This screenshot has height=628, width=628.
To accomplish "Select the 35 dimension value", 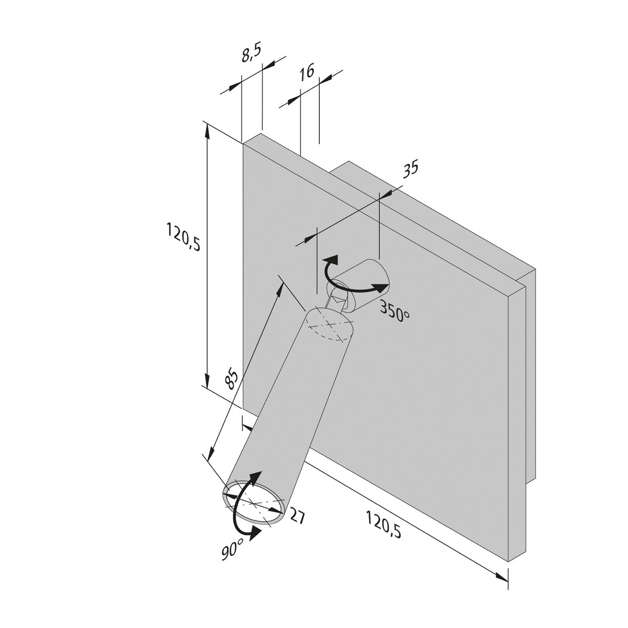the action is point(411,168).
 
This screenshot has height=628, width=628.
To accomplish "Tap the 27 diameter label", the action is point(297,517).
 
